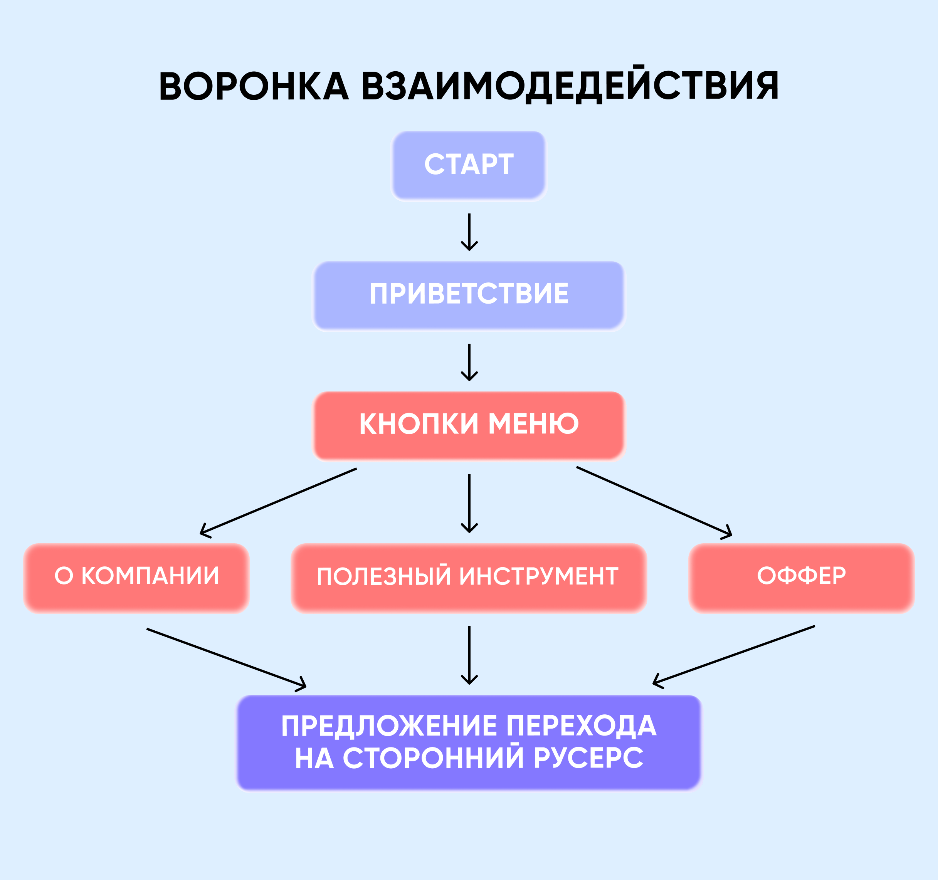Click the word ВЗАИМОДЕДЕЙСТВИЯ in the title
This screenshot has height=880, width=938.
pyautogui.click(x=570, y=86)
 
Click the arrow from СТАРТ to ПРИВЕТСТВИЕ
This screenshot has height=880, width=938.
pyautogui.click(x=469, y=231)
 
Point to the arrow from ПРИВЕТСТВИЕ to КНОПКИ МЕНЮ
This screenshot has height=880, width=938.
pyautogui.click(x=469, y=362)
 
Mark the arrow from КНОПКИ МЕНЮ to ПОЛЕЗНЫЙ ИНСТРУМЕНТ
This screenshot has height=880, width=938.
pyautogui.click(x=469, y=502)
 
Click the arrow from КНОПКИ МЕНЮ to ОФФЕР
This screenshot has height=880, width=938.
pyautogui.click(x=654, y=502)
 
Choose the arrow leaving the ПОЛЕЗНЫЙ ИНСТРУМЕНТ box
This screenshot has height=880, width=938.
pyautogui.click(x=469, y=655)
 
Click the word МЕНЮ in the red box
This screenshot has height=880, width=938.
pyautogui.click(x=533, y=424)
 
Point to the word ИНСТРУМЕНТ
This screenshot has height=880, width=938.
pyautogui.click(x=538, y=577)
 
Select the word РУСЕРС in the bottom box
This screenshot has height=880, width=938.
pyautogui.click(x=588, y=758)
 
